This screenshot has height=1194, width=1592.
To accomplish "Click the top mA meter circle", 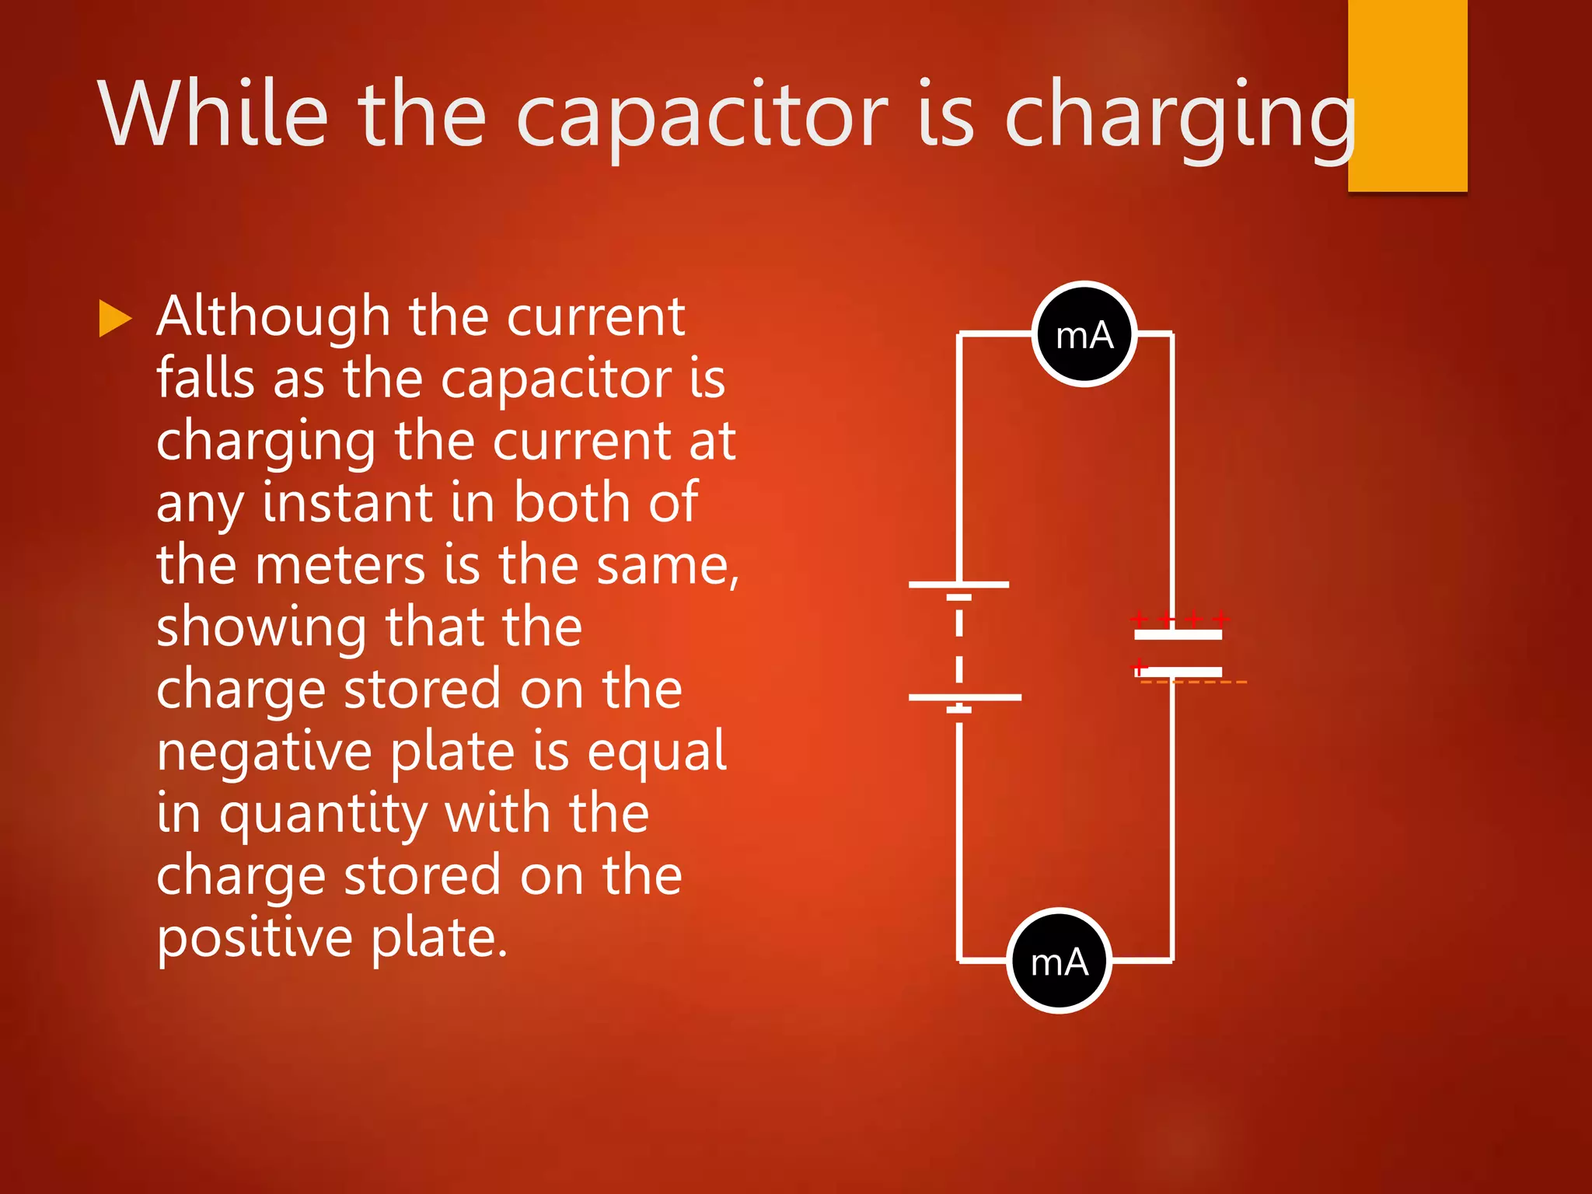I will click(x=1084, y=334).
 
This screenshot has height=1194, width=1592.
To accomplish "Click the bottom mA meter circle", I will click(x=1059, y=961).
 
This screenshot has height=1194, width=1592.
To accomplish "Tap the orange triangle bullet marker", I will click(x=115, y=319).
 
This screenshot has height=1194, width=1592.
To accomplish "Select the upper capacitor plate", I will click(x=1178, y=635).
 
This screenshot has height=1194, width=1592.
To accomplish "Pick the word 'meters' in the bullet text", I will click(x=340, y=565).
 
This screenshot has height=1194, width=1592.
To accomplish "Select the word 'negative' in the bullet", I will click(x=264, y=752).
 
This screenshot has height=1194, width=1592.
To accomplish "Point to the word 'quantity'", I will click(x=323, y=815).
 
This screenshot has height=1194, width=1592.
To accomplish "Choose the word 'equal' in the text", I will click(x=657, y=753).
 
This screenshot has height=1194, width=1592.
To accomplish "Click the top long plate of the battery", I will click(x=958, y=584).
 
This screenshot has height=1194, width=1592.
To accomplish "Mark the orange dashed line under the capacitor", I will click(x=1193, y=683).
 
